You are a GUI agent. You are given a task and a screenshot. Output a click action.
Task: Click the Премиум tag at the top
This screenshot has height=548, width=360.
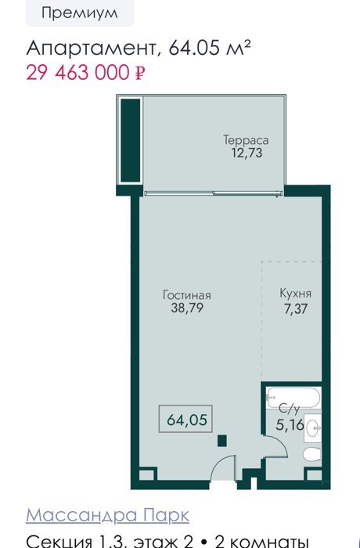point(80,13)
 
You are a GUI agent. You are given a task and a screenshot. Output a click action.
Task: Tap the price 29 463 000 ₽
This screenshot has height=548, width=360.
point(85,73)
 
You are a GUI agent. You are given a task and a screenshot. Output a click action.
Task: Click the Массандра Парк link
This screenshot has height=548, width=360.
point(108,515)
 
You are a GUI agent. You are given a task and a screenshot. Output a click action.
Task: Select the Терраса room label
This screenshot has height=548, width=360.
point(246,140)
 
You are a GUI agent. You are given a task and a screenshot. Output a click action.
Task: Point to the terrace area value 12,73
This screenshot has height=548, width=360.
point(247,153)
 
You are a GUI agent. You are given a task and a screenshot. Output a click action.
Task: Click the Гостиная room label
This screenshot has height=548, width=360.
point(187,295)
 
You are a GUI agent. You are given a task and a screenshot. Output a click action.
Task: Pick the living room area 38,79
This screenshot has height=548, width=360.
point(187,308)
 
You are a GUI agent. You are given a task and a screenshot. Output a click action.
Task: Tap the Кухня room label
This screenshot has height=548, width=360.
point(295,294)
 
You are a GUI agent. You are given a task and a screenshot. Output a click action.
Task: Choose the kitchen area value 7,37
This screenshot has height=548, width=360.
point(296,309)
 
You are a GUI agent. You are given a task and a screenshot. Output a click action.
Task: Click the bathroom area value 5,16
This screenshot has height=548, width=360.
point(290,425)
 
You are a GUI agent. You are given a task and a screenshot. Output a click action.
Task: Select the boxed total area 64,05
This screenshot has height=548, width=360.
point(186,420)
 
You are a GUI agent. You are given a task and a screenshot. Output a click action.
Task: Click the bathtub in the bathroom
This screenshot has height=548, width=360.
point(293,397)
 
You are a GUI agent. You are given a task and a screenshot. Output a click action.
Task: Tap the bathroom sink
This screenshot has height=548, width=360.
point(312,428)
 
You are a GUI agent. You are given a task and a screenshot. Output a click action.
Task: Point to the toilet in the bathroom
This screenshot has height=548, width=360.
point(311,454)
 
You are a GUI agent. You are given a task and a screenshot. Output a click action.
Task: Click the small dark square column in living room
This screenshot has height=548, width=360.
point(222,441)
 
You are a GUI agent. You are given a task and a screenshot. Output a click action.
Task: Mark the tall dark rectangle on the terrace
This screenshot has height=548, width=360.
point(131,140)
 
